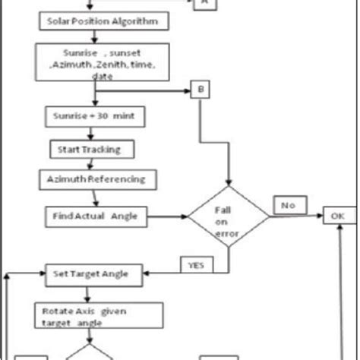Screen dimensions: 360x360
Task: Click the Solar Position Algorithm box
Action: click(x=102, y=21)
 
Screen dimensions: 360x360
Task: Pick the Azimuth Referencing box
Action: click(x=97, y=180)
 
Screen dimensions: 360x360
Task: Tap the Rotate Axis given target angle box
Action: click(x=98, y=315)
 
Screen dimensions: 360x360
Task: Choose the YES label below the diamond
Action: click(x=196, y=264)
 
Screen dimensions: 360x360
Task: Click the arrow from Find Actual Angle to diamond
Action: click(x=163, y=216)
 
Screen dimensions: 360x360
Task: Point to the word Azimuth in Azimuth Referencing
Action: click(x=65, y=180)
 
